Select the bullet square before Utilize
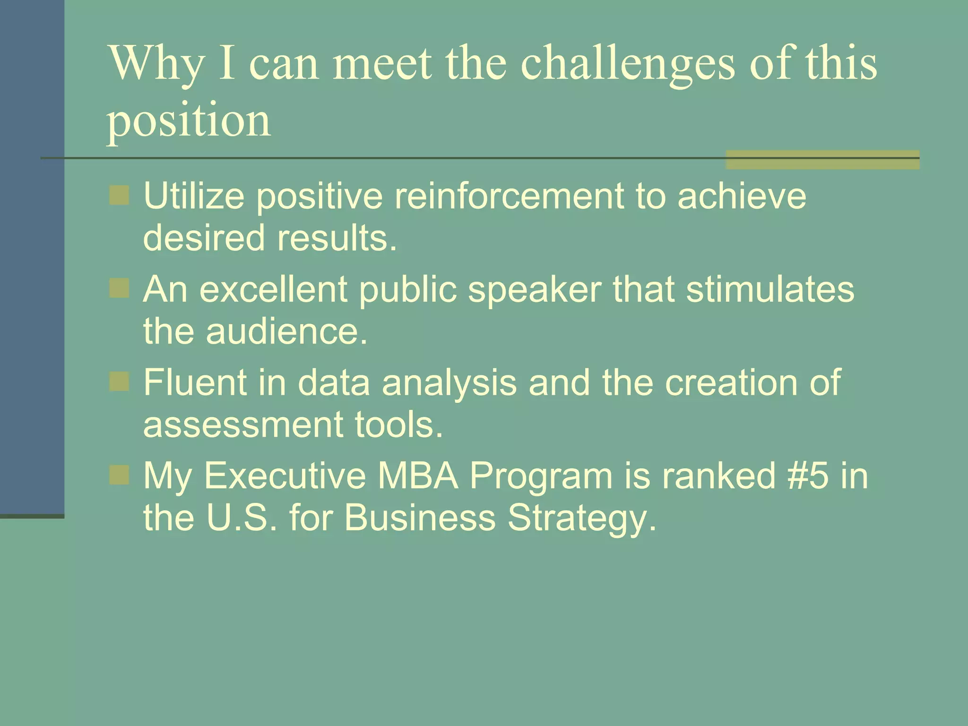[119, 195]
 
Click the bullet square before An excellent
[119, 288]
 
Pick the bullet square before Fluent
[119, 381]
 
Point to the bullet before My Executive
[119, 475]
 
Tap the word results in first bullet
[337, 237]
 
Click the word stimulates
[770, 289]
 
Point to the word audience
[286, 331]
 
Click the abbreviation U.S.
[242, 517]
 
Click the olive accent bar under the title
[822, 160]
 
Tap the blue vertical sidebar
[32, 255]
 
